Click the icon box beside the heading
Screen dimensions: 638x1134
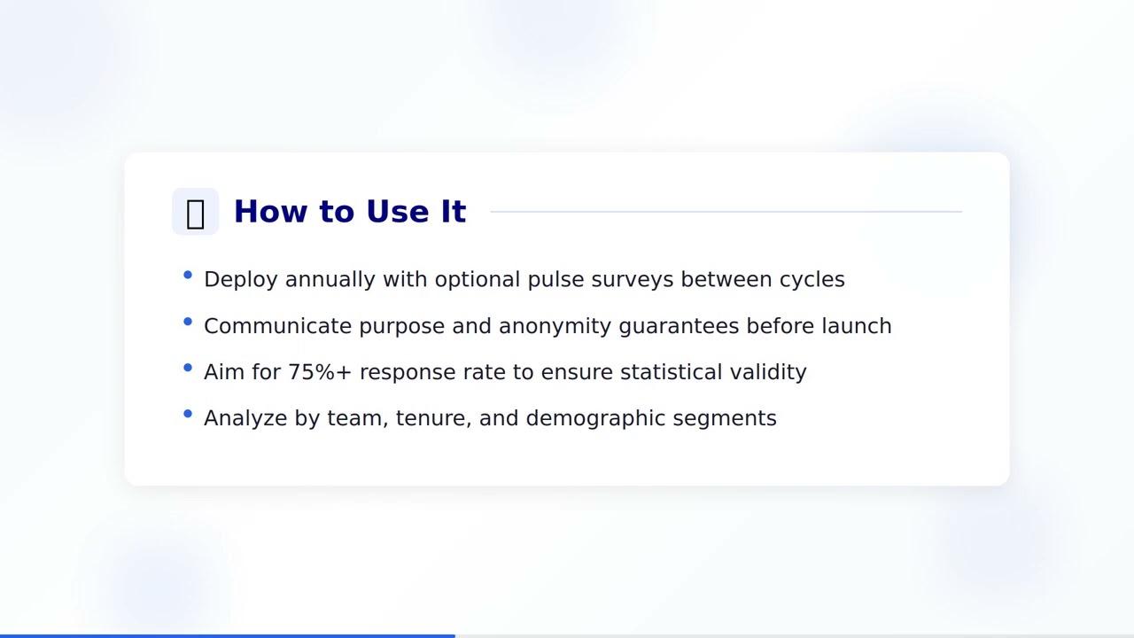195,212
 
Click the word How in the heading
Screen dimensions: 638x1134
268,212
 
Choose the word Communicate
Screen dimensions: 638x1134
277,326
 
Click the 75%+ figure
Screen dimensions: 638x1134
320,372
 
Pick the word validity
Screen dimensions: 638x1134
768,372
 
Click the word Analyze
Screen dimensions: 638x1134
245,418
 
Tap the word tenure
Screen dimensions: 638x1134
433,418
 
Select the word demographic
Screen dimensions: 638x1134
595,418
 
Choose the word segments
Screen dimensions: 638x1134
724,418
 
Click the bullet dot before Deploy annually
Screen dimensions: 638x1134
188,276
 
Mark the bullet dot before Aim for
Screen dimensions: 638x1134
188,368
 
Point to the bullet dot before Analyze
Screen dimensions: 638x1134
188,414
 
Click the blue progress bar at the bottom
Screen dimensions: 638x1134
227,635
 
